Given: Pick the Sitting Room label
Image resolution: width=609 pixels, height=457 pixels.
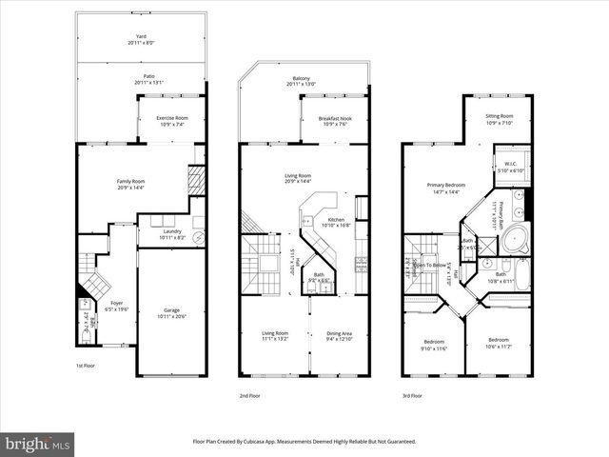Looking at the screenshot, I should tap(499, 120).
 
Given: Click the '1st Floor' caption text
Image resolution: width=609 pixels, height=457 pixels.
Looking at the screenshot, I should tap(86, 365).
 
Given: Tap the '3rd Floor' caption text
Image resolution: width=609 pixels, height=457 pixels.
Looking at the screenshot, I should tap(412, 395).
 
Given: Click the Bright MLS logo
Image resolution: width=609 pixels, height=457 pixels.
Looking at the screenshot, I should tap(38, 443).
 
